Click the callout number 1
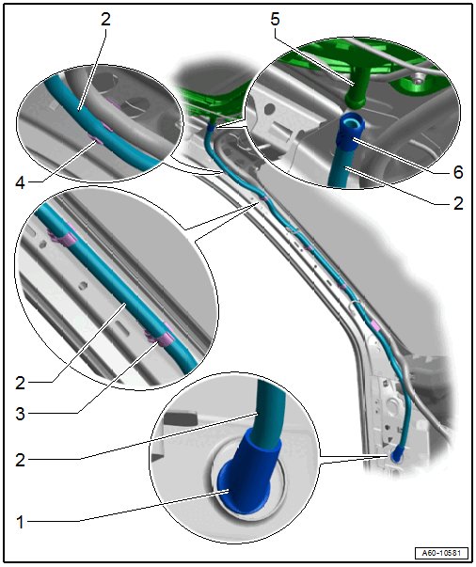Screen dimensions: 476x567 [20, 522]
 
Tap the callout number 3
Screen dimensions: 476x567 [21, 414]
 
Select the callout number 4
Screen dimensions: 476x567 [21, 183]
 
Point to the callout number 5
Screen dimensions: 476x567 [275, 19]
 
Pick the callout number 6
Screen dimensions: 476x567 [458, 172]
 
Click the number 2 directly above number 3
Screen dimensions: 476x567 [21, 383]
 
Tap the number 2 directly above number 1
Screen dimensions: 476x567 [21, 460]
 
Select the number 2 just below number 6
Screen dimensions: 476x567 [458, 204]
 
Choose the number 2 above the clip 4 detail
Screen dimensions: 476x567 [105, 19]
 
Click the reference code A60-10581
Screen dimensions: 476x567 [441, 553]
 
